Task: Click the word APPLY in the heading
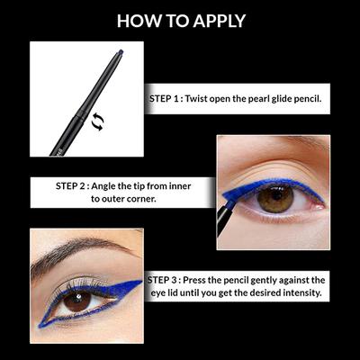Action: (212, 21)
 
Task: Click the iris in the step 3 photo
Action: (78, 301)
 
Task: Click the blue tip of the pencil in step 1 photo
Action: (120, 54)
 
